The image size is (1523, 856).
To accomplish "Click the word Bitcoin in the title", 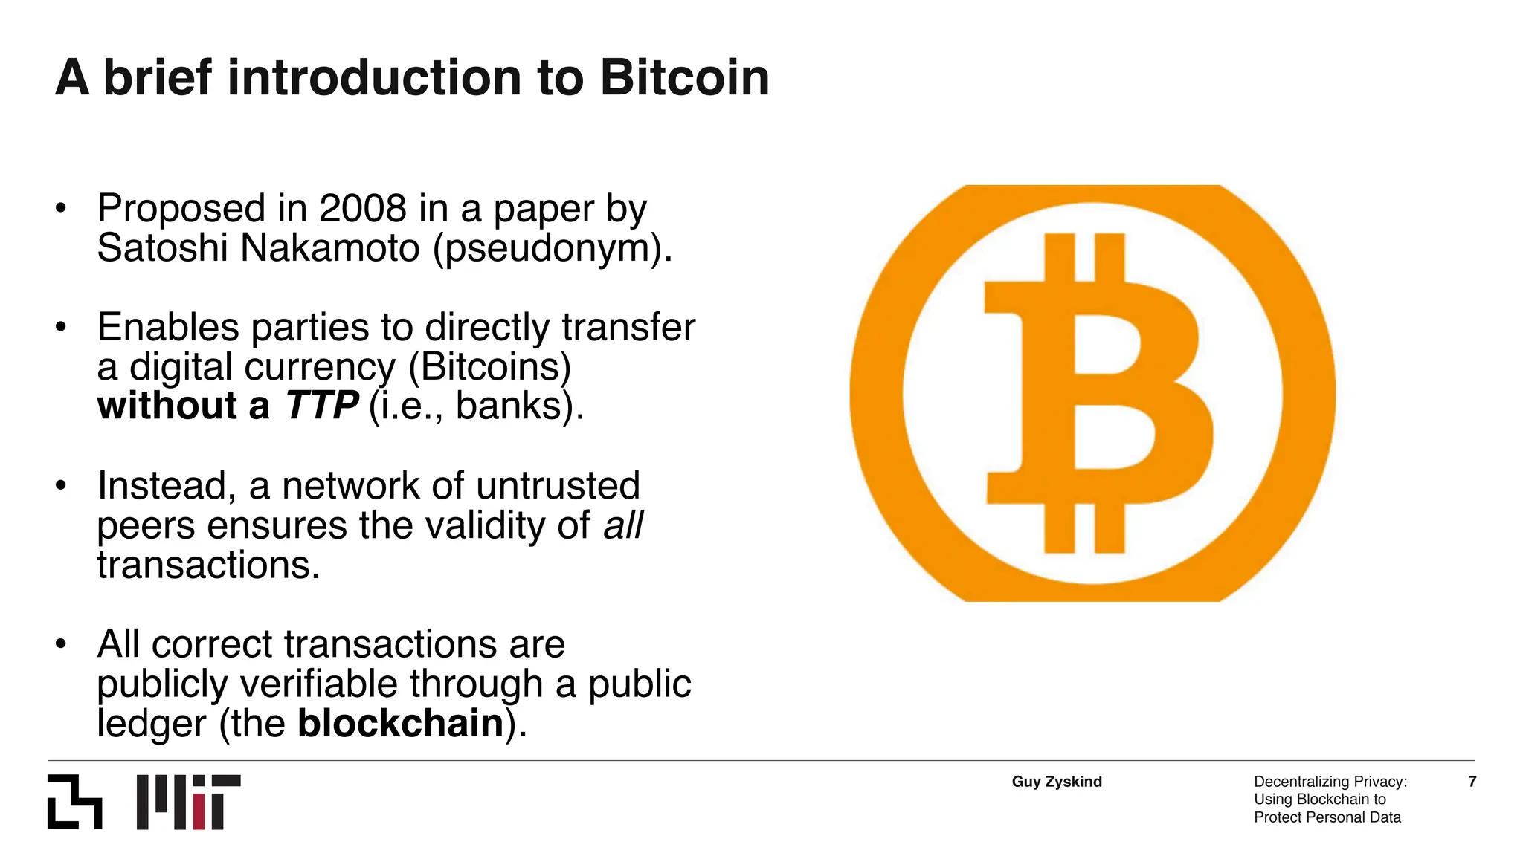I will (x=684, y=78).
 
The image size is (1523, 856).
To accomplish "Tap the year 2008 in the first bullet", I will (x=362, y=209).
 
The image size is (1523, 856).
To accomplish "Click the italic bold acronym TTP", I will (x=321, y=406).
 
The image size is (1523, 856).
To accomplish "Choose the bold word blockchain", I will (x=401, y=724).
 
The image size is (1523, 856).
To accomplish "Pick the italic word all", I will (x=623, y=525).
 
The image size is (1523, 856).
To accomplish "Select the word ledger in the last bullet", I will (x=152, y=724).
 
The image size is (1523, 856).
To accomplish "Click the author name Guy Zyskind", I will (x=1057, y=782).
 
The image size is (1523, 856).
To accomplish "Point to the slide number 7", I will (x=1472, y=782).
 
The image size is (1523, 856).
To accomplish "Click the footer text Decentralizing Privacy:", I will (x=1330, y=782).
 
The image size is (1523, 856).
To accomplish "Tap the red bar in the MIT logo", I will (x=199, y=812).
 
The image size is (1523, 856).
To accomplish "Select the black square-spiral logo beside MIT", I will (x=74, y=802).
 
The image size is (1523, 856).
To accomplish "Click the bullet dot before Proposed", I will (x=61, y=209).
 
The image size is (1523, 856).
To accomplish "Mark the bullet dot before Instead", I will (x=61, y=486).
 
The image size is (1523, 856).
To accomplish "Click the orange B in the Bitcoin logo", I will (x=1093, y=394).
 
